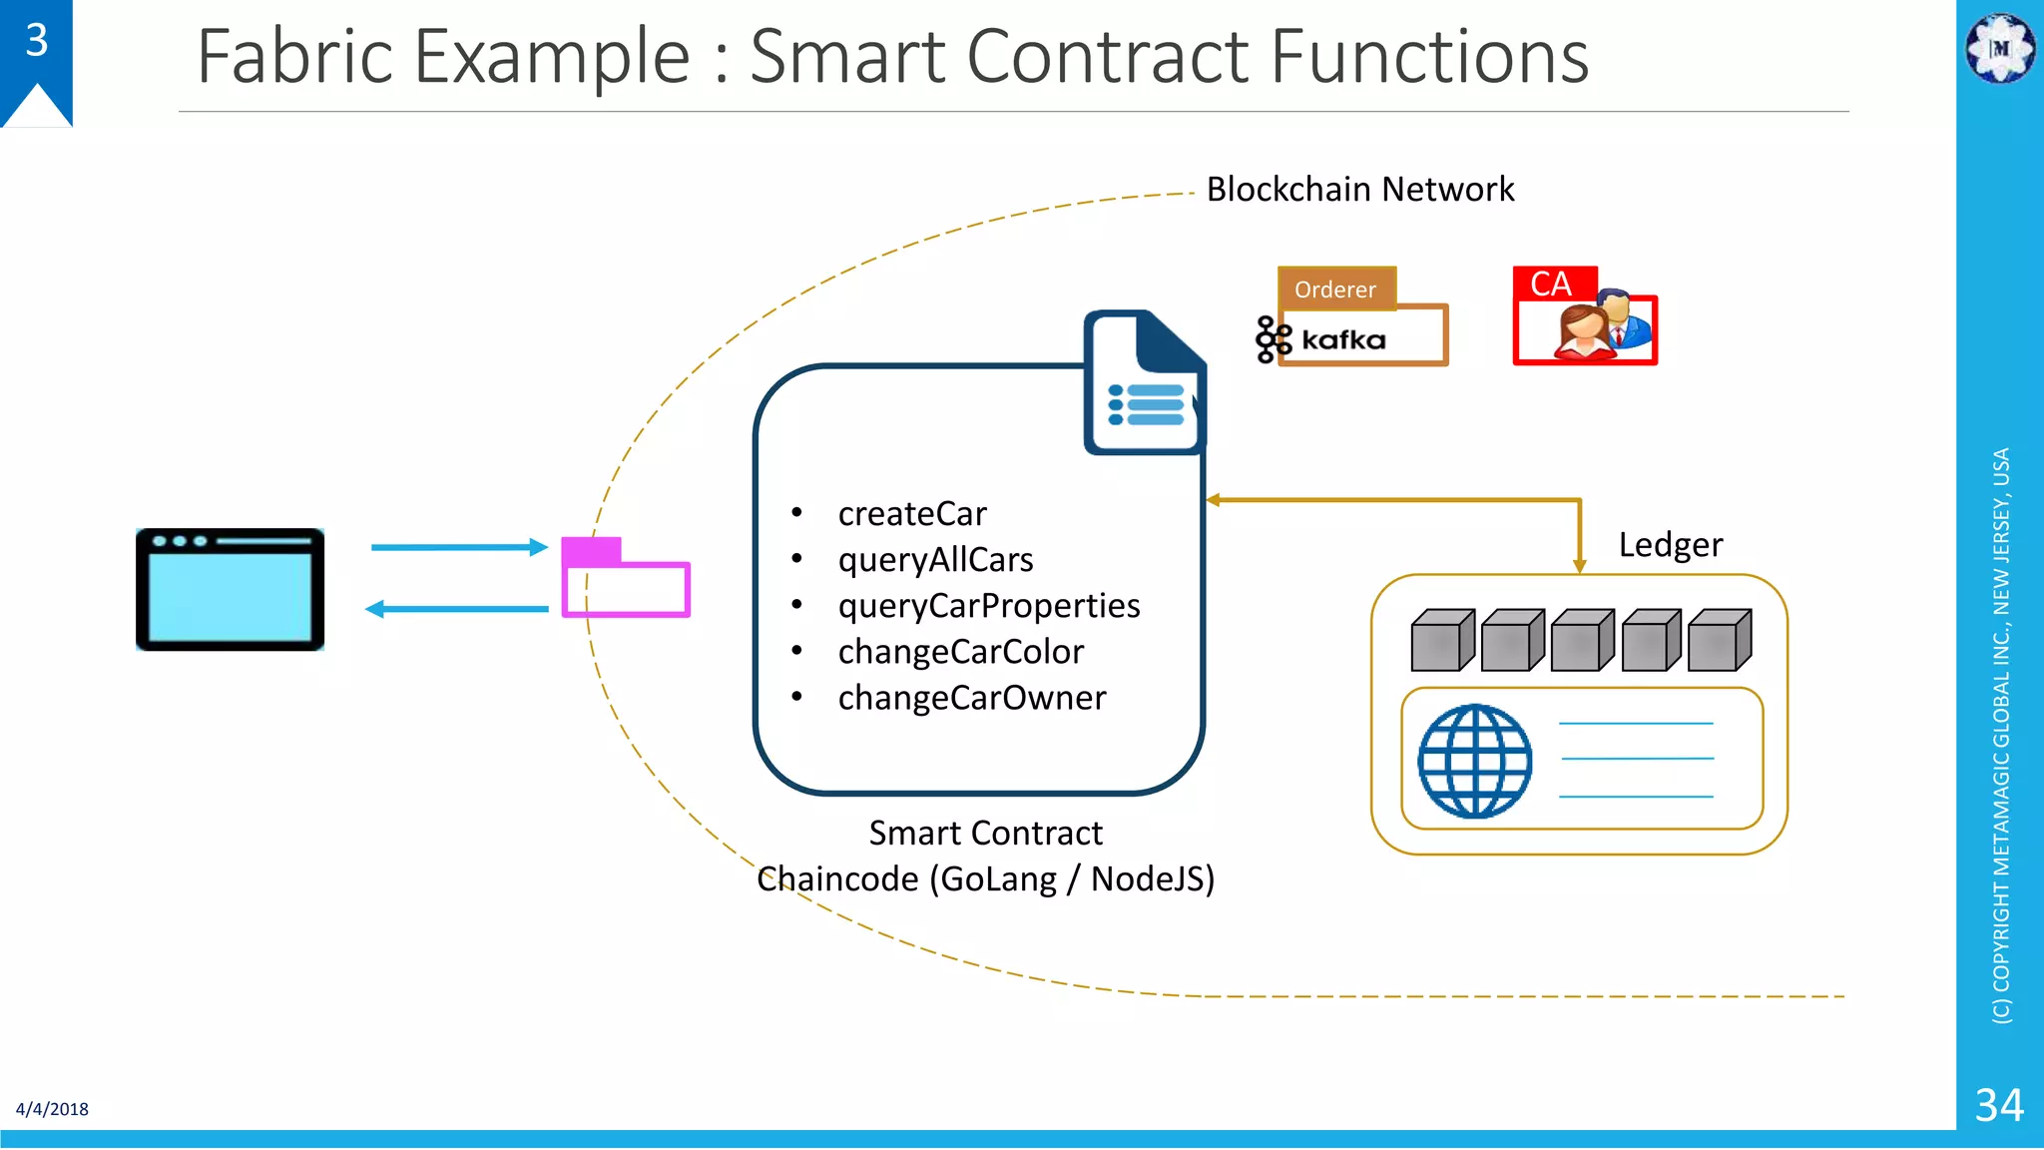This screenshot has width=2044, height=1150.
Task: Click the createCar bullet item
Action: point(911,513)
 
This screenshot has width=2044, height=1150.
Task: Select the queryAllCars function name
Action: point(935,559)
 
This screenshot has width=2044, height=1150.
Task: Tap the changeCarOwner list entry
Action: point(971,697)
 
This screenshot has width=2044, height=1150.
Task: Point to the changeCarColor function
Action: point(960,651)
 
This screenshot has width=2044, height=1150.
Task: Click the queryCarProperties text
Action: point(988,605)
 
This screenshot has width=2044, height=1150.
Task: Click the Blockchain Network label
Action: point(1359,189)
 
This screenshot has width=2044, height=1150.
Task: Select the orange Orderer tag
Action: point(1335,289)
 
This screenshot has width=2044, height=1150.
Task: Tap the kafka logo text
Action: point(1342,340)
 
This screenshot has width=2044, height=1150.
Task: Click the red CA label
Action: point(1551,285)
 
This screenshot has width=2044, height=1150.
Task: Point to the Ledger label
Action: point(1670,545)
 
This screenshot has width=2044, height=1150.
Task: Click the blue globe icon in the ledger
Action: point(1475,761)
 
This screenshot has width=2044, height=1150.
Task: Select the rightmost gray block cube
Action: point(1719,641)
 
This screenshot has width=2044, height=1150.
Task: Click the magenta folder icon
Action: point(625,579)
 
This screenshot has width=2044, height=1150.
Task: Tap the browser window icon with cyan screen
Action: point(231,590)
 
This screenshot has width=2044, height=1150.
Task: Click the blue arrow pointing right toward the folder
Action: point(459,547)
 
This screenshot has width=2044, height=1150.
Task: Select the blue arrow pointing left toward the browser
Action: point(456,609)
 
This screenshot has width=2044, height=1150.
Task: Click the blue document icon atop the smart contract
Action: point(1145,384)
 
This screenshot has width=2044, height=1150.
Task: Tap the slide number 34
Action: point(1999,1105)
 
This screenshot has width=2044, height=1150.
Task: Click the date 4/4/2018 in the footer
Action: point(52,1109)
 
